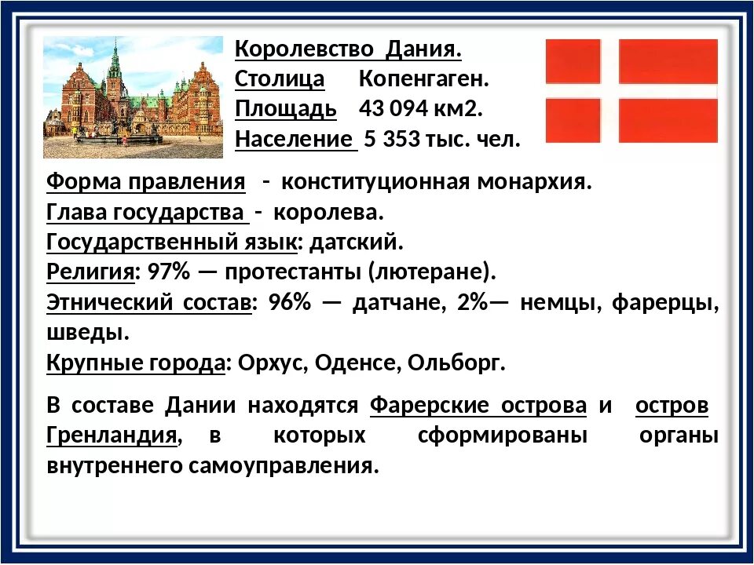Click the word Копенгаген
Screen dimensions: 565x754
(x=424, y=79)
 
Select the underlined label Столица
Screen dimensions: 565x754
(x=280, y=79)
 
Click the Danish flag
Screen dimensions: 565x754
(x=631, y=91)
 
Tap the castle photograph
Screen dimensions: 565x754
(x=133, y=97)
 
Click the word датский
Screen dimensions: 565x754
(x=356, y=242)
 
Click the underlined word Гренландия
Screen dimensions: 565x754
(x=110, y=436)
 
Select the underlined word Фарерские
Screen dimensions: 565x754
(x=424, y=406)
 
